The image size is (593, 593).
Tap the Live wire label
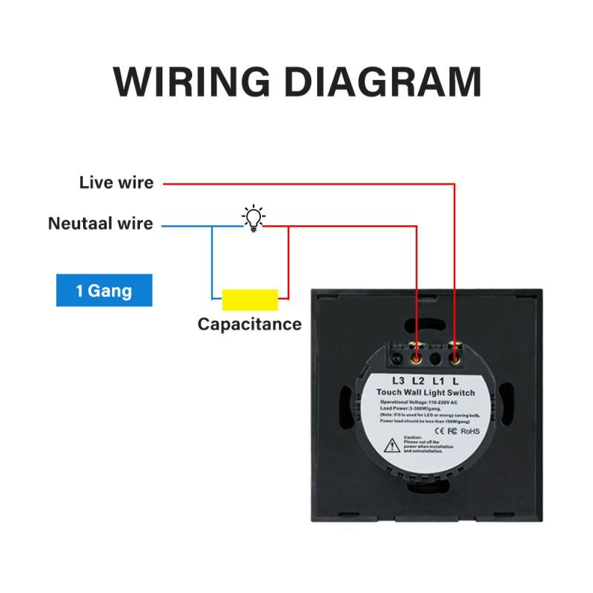click(116, 182)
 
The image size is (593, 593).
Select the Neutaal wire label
click(100, 223)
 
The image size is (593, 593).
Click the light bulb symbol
click(254, 218)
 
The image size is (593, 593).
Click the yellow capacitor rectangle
click(250, 299)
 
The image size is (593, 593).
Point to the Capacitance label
click(249, 324)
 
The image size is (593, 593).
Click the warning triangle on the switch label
click(391, 446)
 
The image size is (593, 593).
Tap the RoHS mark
click(471, 431)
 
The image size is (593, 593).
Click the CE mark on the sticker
click(439, 431)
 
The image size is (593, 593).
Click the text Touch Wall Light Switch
click(425, 393)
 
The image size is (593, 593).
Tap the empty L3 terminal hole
click(397, 360)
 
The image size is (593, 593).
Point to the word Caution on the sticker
click(413, 437)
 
